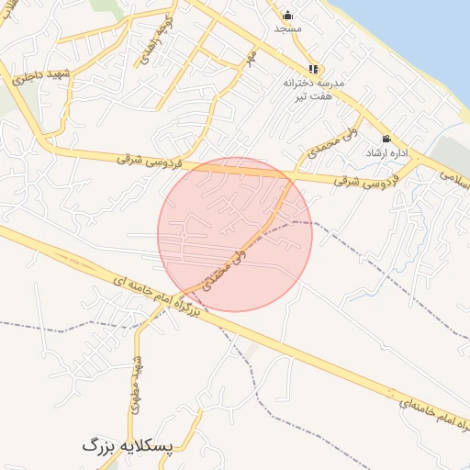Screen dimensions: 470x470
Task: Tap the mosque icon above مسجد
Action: pyautogui.click(x=287, y=15)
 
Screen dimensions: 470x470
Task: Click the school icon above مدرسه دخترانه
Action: pyautogui.click(x=313, y=69)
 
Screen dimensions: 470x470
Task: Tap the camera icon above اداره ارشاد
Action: pyautogui.click(x=386, y=139)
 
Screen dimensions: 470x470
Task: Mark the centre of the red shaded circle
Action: pyautogui.click(x=235, y=234)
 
